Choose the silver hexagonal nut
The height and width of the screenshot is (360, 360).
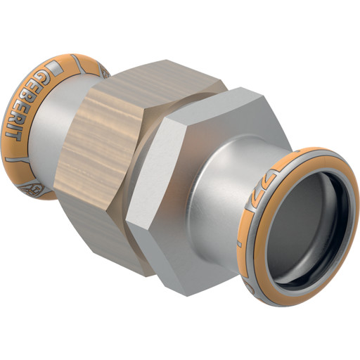click(x=190, y=190)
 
